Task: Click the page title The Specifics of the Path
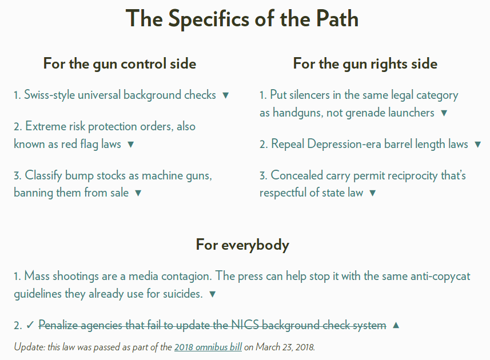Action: (x=242, y=19)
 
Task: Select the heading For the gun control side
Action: (x=119, y=63)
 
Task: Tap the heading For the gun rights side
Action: (x=365, y=63)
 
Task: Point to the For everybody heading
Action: (x=242, y=245)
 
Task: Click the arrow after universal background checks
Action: (x=225, y=95)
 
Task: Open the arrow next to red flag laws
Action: (x=130, y=145)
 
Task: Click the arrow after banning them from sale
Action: (x=138, y=193)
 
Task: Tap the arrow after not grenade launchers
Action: (x=444, y=113)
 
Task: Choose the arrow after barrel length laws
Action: (x=478, y=145)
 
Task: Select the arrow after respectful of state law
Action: (x=373, y=193)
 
